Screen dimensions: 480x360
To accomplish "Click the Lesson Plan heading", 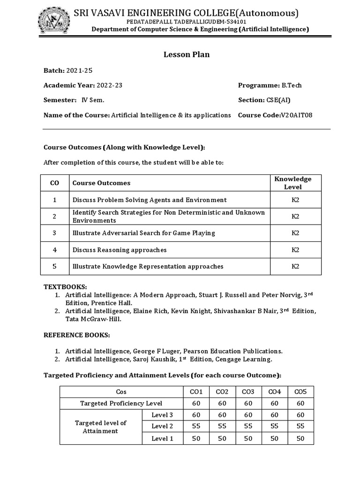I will [x=187, y=54].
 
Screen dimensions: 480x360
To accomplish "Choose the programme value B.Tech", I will [x=292, y=85].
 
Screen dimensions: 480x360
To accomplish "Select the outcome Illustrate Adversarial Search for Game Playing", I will [x=144, y=233].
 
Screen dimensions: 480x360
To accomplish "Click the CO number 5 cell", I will [x=55, y=266].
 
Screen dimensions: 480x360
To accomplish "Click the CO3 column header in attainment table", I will [x=248, y=391].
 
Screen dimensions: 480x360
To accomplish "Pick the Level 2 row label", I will [x=162, y=426].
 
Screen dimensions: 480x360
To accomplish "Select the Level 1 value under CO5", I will [x=300, y=438].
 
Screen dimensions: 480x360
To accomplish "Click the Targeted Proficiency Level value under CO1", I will [x=196, y=403].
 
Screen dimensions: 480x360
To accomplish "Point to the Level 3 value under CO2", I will [x=222, y=415].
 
